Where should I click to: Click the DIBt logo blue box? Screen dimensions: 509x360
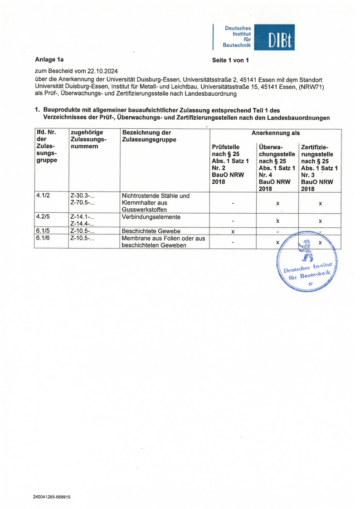coord(274,37)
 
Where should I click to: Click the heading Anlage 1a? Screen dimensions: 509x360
coord(49,59)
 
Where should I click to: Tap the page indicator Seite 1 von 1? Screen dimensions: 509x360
coord(230,60)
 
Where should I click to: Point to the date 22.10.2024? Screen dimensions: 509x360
coord(102,71)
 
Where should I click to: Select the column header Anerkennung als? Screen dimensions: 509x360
coord(275,133)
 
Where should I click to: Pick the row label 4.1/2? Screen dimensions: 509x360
coord(42,196)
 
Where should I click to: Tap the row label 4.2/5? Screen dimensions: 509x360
coord(42,216)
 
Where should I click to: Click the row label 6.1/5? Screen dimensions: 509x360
coord(42,230)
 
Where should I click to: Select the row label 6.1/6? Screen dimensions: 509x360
coord(42,238)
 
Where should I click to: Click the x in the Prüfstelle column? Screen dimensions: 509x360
coord(233,232)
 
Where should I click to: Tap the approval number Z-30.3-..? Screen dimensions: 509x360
coord(82,196)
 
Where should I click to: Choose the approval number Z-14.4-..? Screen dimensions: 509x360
coord(82,224)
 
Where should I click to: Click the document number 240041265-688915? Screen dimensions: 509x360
coord(52,497)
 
